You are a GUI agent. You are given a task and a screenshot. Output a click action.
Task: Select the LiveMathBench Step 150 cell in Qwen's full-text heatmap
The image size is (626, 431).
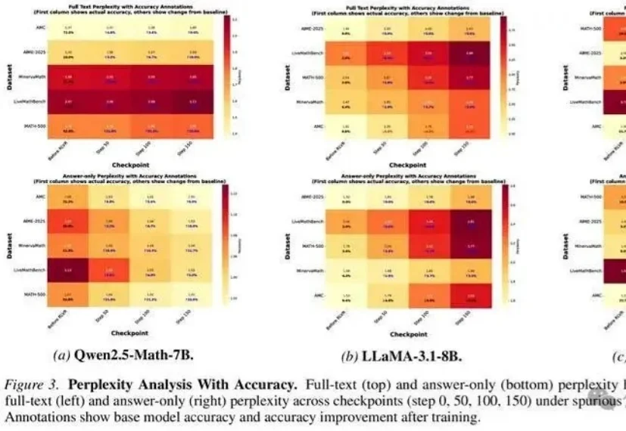[191, 101]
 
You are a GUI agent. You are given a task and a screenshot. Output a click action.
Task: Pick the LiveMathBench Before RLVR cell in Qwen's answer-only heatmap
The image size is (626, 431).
[69, 270]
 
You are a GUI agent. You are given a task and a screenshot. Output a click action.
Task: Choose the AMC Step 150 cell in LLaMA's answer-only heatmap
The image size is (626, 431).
[470, 296]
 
